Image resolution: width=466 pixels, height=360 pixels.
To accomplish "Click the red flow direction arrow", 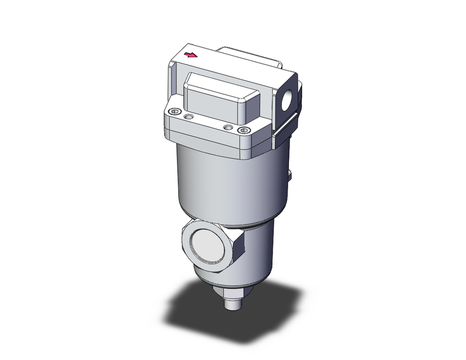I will [x=191, y=55].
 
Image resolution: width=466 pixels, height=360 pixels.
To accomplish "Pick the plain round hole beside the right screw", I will [x=227, y=127].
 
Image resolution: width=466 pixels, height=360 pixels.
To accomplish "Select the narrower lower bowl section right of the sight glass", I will [x=259, y=252].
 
